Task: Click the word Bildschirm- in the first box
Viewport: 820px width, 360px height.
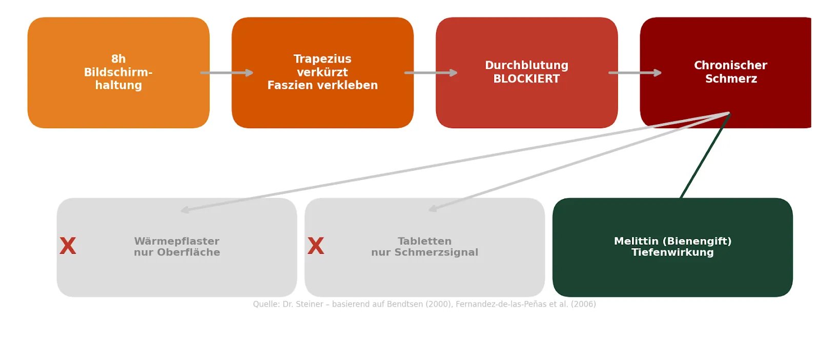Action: click(x=118, y=72)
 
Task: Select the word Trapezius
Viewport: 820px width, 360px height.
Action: click(x=322, y=59)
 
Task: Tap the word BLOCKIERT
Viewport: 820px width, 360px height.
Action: click(x=526, y=79)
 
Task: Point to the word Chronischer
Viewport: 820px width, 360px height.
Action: click(x=730, y=66)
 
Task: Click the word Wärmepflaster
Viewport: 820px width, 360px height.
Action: click(x=177, y=241)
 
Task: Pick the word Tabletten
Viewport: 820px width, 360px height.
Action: click(x=424, y=241)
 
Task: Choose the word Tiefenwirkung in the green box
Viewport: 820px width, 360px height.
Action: click(x=672, y=252)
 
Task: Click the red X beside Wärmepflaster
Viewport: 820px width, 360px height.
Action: click(x=68, y=246)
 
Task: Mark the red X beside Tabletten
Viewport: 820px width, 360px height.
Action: click(x=316, y=246)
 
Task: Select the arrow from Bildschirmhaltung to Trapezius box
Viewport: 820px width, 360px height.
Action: click(x=227, y=73)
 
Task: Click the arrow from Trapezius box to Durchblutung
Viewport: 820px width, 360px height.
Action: click(x=430, y=73)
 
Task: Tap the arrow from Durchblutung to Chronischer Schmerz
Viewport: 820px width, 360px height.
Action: click(x=634, y=73)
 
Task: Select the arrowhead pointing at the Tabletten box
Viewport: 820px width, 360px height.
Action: click(x=433, y=209)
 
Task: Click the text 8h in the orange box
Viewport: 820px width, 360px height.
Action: click(x=118, y=59)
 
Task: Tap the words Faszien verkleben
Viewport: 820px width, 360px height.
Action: click(x=322, y=85)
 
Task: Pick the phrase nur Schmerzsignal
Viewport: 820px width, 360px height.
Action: click(x=424, y=252)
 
